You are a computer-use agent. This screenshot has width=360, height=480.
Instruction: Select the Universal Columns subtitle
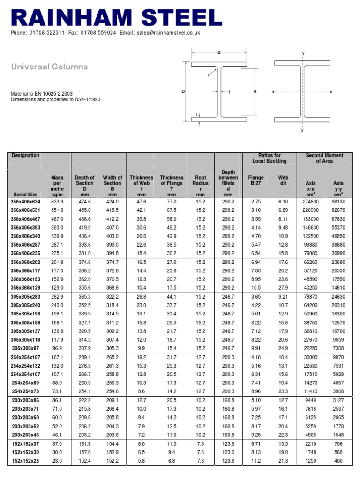49,67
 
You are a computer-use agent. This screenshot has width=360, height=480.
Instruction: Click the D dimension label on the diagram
183,92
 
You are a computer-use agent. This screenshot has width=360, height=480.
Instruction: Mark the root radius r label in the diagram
207,75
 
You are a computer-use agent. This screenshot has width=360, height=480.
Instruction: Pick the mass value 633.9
57,201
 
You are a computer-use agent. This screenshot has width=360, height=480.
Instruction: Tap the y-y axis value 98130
338,201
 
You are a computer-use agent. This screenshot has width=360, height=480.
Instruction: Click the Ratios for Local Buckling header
270,158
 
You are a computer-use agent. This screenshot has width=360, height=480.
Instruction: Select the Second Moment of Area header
324,158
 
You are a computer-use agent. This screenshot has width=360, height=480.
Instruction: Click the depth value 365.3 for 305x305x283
85,297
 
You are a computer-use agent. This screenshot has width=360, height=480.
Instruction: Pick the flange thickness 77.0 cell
172,201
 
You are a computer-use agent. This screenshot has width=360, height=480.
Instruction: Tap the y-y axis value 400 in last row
338,461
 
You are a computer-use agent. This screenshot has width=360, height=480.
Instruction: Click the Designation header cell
25,156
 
